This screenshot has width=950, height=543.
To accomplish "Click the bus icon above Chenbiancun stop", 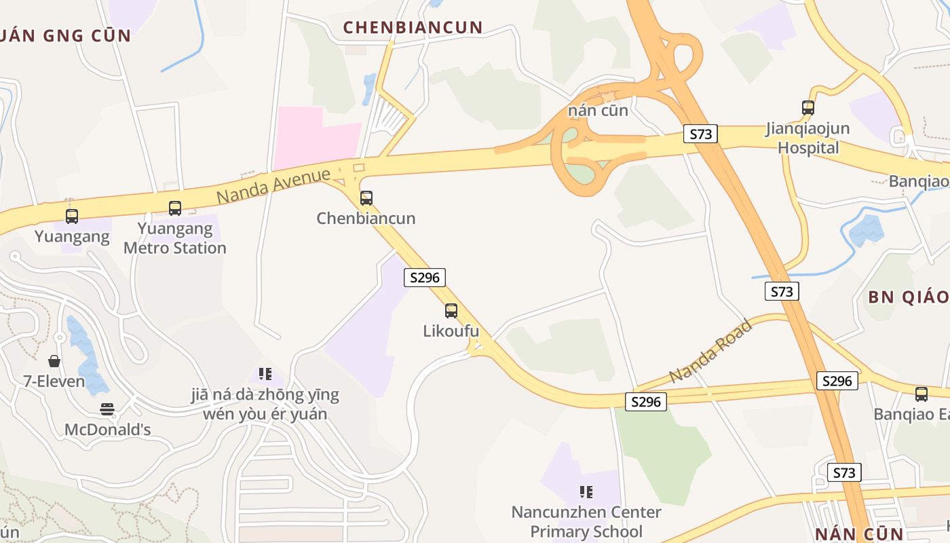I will pos(366,198).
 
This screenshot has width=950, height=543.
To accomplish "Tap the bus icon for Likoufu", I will pos(451,311).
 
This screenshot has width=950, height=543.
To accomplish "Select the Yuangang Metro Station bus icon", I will pos(175,208).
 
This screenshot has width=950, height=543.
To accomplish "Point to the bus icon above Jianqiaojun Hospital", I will pos(807,107).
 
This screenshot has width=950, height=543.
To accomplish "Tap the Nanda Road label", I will pos(710,351).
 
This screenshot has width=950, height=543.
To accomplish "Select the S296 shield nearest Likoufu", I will pos(425,277).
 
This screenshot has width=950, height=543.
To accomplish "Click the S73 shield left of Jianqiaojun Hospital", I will pos(700,134).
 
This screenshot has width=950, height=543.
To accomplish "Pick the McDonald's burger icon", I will pos(107,409).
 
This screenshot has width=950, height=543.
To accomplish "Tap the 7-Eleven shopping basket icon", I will pos(54,361).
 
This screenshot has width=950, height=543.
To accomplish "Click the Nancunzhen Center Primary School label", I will pos(586,521).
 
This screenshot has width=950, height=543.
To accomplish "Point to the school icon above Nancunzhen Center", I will pos(586,491).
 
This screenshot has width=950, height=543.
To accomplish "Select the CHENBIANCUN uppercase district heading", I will pos(413,28).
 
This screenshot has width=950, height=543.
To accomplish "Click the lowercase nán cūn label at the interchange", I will pos(598,110).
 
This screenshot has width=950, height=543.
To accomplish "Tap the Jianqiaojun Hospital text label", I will pos(807,138).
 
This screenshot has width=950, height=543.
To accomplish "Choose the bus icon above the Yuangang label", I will pos(72,217).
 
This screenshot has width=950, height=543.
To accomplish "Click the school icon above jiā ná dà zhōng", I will pos(265,373).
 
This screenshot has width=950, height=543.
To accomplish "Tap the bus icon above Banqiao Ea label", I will pos(921,394).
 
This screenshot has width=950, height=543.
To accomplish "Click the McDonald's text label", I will pos(107,430).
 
